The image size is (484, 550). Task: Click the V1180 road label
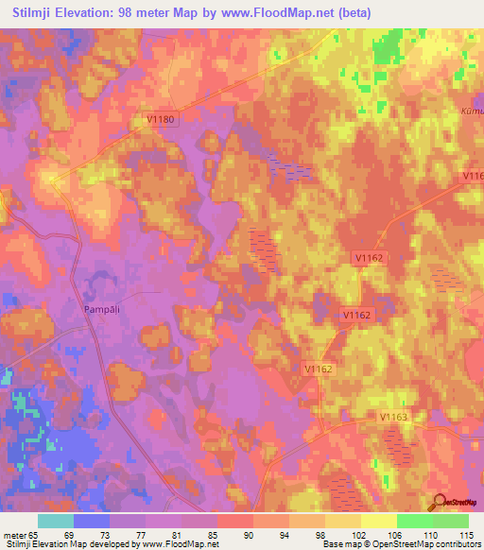162,119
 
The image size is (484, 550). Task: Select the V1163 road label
393,417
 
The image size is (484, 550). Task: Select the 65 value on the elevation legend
38,534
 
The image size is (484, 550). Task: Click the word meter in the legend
13,534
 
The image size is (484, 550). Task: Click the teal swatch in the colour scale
56,521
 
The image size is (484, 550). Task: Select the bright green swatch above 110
415,521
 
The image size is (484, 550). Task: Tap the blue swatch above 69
92,521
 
